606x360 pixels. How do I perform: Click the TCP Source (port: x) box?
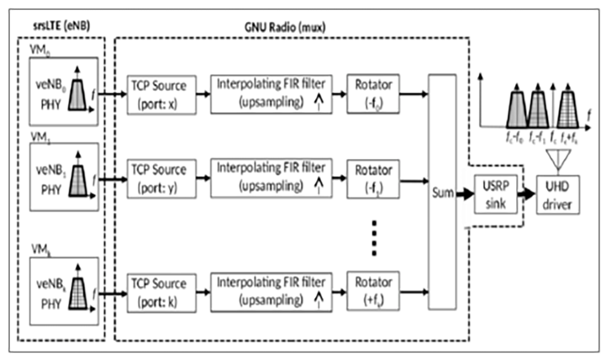[161, 94]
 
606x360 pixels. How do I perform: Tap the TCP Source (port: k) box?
[161, 292]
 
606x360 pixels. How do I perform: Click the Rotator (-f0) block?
[373, 94]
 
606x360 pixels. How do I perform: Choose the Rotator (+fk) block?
[373, 292]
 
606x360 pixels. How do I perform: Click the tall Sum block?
[441, 192]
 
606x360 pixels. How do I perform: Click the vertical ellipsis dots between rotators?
[374, 237]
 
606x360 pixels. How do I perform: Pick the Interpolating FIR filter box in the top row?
[271, 94]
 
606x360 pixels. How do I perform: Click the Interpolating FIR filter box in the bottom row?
[271, 292]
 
